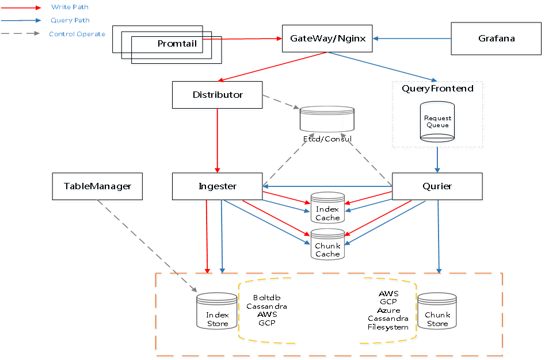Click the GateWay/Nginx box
pyautogui.click(x=327, y=39)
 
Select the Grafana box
pyautogui.click(x=496, y=39)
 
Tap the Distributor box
pyautogui.click(x=217, y=94)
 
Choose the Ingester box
pyautogui.click(x=217, y=186)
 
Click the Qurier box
pyautogui.click(x=437, y=186)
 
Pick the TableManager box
pyautogui.click(x=97, y=186)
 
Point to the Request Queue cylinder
pyautogui.click(x=437, y=121)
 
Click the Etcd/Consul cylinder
pyautogui.click(x=327, y=120)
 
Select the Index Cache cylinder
pyautogui.click(x=327, y=208)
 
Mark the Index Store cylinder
pyautogui.click(x=217, y=313)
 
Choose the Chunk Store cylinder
pyautogui.click(x=437, y=313)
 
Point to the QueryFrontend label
pyautogui.click(x=437, y=89)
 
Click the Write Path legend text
pyautogui.click(x=70, y=7)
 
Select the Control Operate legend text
pyautogui.click(x=77, y=34)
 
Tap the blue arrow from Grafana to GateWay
pyautogui.click(x=411, y=39)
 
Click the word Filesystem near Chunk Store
pyautogui.click(x=388, y=327)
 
